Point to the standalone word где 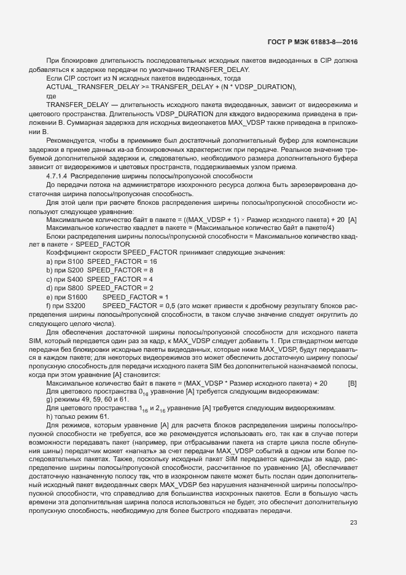(x=52, y=96)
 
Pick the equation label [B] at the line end (x=353, y=383)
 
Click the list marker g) (x=50, y=400)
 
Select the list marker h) (x=50, y=418)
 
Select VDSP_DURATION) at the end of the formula (x=263, y=87)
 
